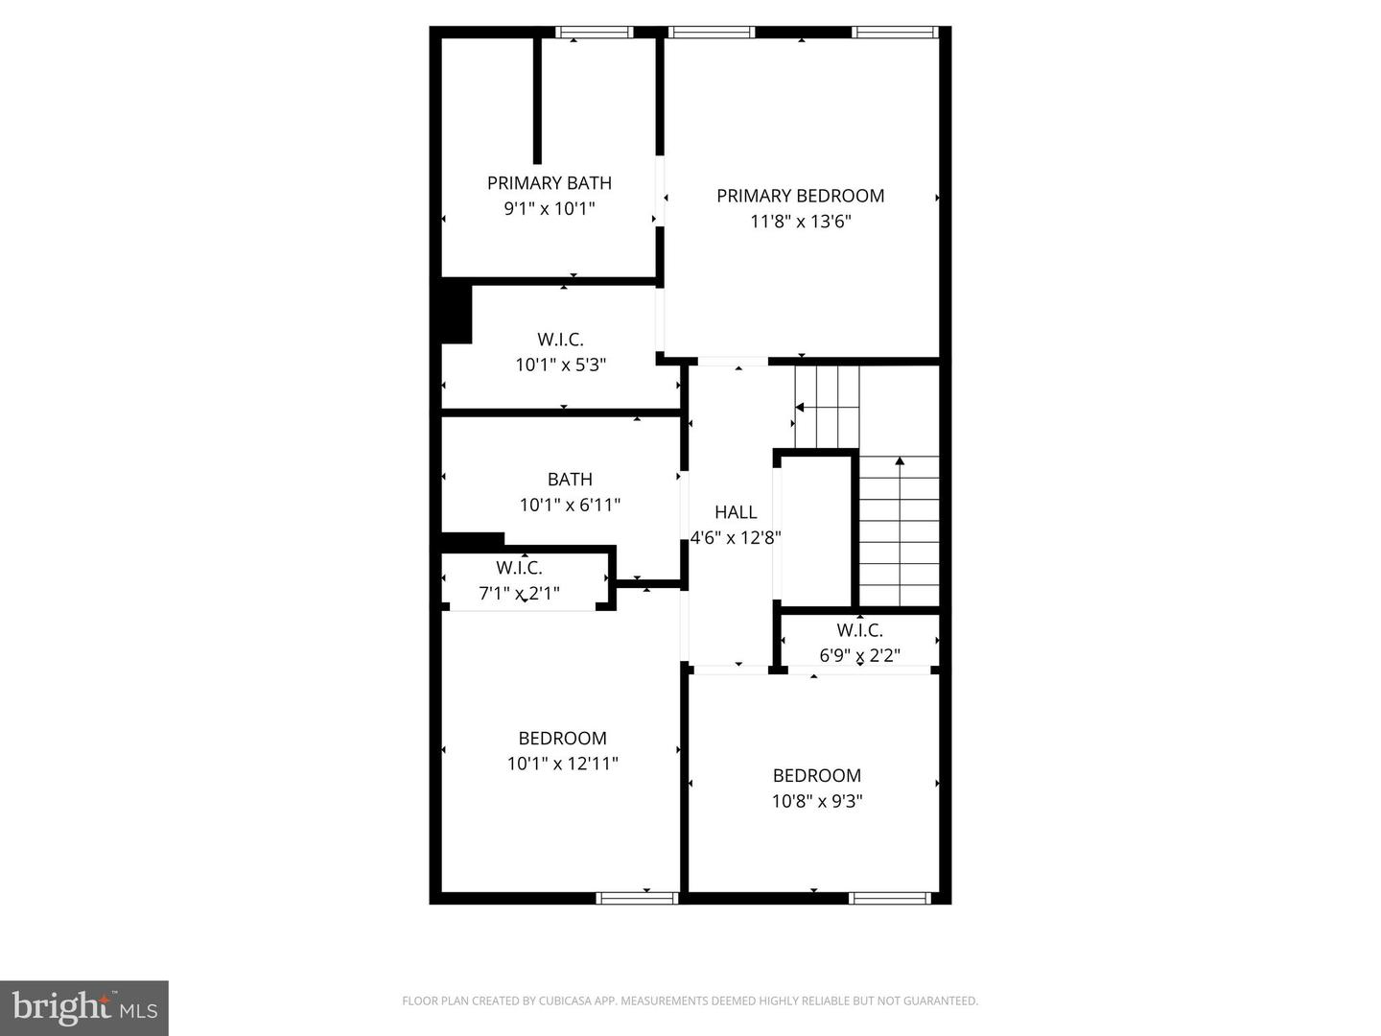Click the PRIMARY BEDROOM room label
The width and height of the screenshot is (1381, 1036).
tap(800, 196)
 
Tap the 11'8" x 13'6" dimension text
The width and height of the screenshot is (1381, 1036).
tap(800, 222)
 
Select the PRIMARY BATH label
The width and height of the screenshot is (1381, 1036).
tap(549, 183)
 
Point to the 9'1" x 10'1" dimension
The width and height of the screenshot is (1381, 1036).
tap(549, 208)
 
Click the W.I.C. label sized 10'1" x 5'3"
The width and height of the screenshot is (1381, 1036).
tap(560, 340)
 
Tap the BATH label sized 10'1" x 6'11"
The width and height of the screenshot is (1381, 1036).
tap(570, 480)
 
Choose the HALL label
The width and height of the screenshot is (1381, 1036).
tap(736, 512)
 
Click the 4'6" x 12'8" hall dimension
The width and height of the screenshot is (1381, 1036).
tap(736, 538)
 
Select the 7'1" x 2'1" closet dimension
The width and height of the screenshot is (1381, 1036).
tap(519, 594)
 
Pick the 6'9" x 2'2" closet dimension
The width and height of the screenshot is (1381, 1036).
tap(859, 656)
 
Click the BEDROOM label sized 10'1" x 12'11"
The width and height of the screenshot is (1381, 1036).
tap(562, 739)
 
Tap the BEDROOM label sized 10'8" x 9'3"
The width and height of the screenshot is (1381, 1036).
tap(817, 776)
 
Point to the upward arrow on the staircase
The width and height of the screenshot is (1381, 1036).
tap(900, 462)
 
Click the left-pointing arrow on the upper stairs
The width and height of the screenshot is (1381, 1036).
tap(799, 408)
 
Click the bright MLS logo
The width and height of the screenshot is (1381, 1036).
tap(84, 1007)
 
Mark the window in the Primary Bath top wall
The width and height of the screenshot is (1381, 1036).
tap(595, 33)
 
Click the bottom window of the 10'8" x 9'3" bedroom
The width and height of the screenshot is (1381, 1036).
tap(889, 899)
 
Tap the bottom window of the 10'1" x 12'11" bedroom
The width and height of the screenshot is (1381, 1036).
tap(637, 899)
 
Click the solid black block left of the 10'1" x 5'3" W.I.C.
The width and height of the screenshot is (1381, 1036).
tap(456, 312)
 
